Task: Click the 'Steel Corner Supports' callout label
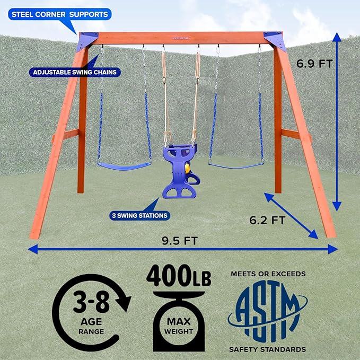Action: click(60, 14)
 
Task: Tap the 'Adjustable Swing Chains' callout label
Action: click(75, 72)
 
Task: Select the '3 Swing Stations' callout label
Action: click(139, 216)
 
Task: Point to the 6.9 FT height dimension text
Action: click(314, 64)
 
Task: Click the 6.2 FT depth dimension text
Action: click(267, 221)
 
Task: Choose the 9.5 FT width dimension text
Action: click(180, 241)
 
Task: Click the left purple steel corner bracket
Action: click(87, 41)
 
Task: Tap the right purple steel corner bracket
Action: click(275, 41)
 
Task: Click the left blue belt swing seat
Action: click(124, 166)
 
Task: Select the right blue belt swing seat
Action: click(236, 165)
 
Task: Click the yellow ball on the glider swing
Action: click(188, 169)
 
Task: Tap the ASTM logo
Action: click(268, 311)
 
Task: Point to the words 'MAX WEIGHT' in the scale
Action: click(179, 326)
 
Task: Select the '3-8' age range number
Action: click(91, 302)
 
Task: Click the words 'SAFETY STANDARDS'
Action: click(267, 349)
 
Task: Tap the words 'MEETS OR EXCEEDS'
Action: click(268, 274)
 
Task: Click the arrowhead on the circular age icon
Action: click(124, 303)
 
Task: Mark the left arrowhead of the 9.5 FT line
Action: click(32, 249)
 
